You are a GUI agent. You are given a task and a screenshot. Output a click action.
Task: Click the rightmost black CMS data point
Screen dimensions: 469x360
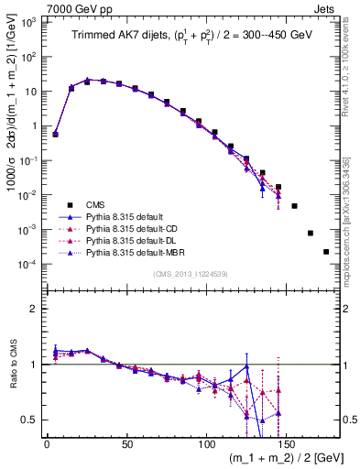(326, 251)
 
